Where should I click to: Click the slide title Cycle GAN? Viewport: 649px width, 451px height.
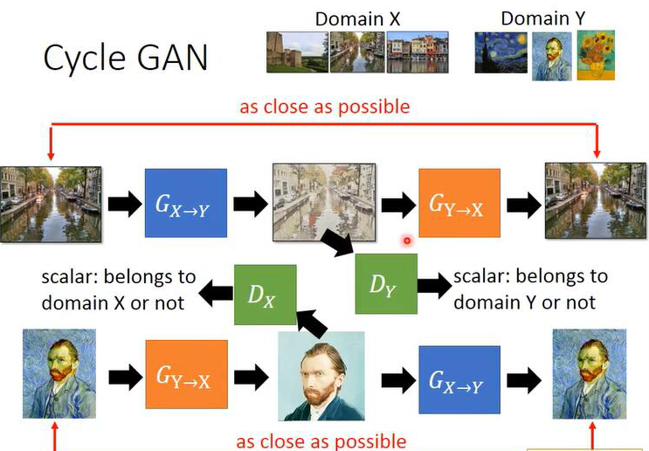[x=126, y=58]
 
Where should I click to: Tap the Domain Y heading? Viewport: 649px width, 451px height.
[x=543, y=17]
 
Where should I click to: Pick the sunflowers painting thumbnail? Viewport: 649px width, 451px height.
[x=596, y=54]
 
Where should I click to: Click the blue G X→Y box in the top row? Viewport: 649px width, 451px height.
[x=185, y=204]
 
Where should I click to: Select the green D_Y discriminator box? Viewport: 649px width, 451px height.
[x=386, y=283]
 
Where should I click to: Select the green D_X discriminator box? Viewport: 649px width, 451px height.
[x=266, y=294]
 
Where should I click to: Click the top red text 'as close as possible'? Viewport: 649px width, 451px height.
[x=324, y=107]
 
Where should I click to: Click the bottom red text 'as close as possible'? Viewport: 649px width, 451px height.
[x=321, y=441]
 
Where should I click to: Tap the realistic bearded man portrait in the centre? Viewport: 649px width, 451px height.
[x=321, y=376]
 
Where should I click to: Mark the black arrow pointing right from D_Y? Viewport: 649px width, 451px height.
[x=432, y=285]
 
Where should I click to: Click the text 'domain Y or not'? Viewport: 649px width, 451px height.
[x=524, y=302]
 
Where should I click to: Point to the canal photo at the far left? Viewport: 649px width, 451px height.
[x=51, y=204]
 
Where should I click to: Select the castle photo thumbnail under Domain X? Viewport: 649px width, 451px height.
[x=297, y=52]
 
